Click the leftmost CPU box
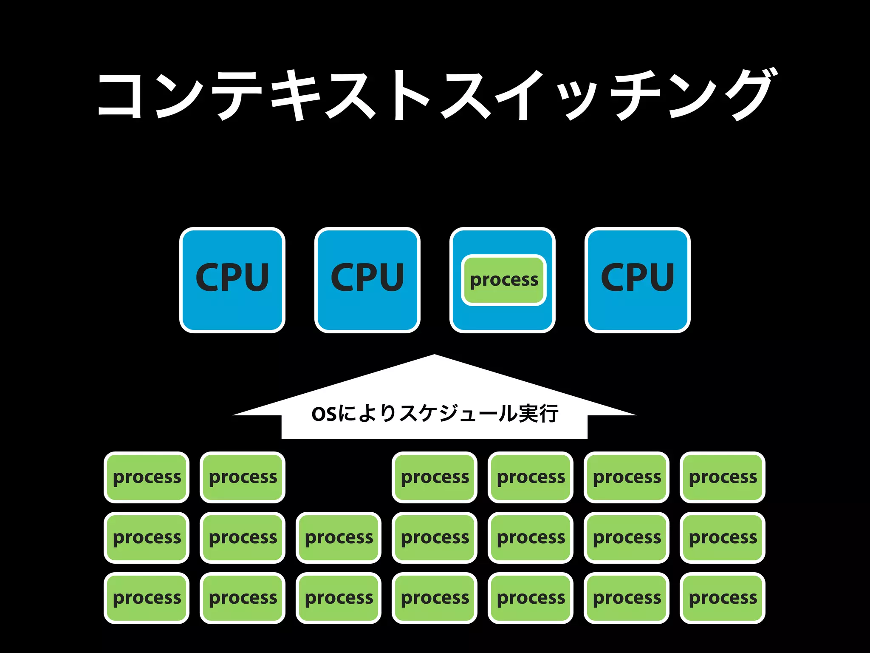(x=232, y=280)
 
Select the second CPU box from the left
(x=367, y=280)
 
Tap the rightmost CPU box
(x=637, y=280)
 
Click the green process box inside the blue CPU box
(x=504, y=280)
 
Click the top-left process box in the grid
(x=147, y=477)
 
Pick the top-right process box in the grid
(x=723, y=477)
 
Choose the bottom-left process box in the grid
(x=147, y=598)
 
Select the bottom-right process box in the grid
(x=723, y=598)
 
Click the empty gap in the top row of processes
(x=339, y=477)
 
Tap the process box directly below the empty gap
(x=339, y=537)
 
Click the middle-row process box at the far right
(x=723, y=537)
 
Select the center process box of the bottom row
(x=435, y=598)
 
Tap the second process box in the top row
(x=243, y=477)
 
